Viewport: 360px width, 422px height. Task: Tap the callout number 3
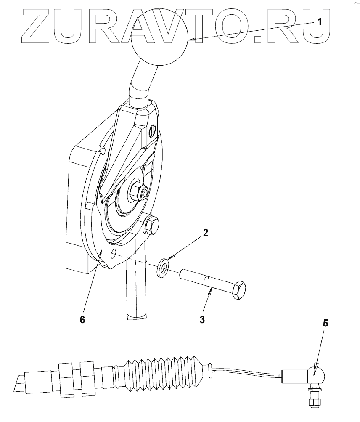click(x=202, y=319)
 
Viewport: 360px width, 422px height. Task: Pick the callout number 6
click(x=82, y=319)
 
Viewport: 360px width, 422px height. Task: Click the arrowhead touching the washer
click(x=170, y=257)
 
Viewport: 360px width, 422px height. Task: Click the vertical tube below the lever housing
click(x=136, y=295)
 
